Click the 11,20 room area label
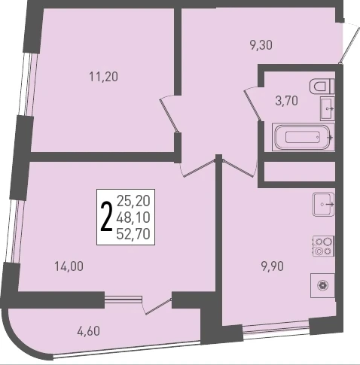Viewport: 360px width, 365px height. click(x=103, y=77)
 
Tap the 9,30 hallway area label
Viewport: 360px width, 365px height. click(x=261, y=45)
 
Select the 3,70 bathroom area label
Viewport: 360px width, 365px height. click(x=287, y=101)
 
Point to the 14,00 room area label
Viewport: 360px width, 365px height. click(x=69, y=266)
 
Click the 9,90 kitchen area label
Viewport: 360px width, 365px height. click(x=273, y=266)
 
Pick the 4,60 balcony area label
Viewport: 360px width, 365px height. click(x=89, y=331)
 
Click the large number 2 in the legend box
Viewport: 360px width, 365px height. click(x=106, y=217)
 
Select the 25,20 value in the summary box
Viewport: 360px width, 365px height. click(x=133, y=201)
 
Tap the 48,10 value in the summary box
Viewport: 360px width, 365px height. click(x=133, y=217)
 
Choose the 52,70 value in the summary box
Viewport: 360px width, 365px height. click(x=133, y=234)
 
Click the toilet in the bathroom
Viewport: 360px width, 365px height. click(x=322, y=87)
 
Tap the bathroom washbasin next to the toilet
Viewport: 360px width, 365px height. click(x=328, y=109)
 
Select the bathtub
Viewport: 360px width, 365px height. click(x=304, y=137)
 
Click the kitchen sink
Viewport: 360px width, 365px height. click(x=324, y=204)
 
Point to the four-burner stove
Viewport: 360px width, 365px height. click(x=323, y=246)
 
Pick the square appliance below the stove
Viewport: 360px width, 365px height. click(x=322, y=285)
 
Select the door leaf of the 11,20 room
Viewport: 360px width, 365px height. click(x=169, y=115)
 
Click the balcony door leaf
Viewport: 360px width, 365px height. click(x=159, y=306)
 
